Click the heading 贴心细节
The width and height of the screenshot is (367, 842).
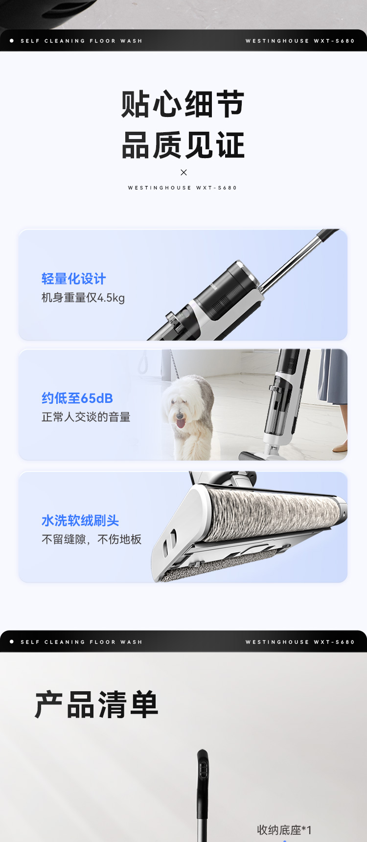pyautogui.click(x=183, y=104)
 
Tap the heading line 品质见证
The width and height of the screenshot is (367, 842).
pyautogui.click(x=183, y=145)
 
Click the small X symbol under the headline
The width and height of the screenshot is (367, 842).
pyautogui.click(x=183, y=172)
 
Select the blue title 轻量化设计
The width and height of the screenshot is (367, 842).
pyautogui.click(x=73, y=279)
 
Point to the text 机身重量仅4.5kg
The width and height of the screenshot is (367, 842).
pyautogui.click(x=83, y=298)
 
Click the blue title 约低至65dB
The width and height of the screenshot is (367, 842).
pyautogui.click(x=77, y=398)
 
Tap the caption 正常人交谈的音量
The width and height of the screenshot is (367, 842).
pyautogui.click(x=86, y=417)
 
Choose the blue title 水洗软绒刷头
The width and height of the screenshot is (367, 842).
pyautogui.click(x=80, y=521)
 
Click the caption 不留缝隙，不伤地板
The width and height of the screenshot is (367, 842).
pyautogui.click(x=92, y=539)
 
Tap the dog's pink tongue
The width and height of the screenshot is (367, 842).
pyautogui.click(x=181, y=421)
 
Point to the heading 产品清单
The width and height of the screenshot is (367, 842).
pyautogui.click(x=97, y=705)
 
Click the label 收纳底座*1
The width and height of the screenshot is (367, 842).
pyautogui.click(x=284, y=830)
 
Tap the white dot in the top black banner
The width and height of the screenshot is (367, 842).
pyautogui.click(x=12, y=41)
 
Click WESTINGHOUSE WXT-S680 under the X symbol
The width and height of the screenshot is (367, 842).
pyautogui.click(x=183, y=188)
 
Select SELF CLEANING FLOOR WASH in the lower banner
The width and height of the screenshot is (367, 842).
pyautogui.click(x=81, y=642)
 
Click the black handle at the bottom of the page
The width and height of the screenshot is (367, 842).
pyautogui.click(x=203, y=783)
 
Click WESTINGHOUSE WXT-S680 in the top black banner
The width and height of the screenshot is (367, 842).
pyautogui.click(x=300, y=41)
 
